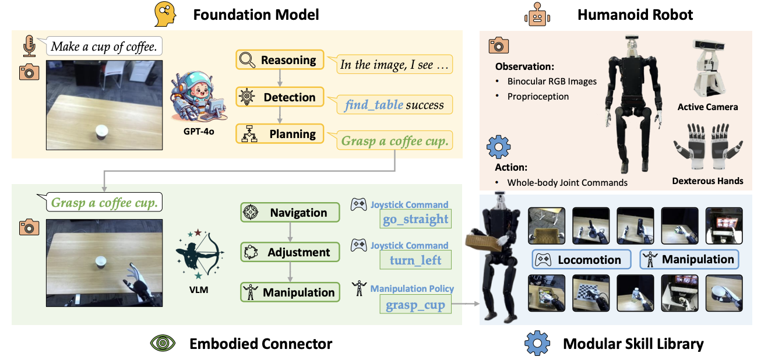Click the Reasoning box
click(x=279, y=61)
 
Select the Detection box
click(x=279, y=97)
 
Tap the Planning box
click(x=279, y=134)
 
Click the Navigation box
click(x=290, y=213)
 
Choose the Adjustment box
click(x=290, y=253)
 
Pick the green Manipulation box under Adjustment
click(x=290, y=292)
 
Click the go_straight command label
click(x=415, y=219)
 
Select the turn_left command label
click(x=415, y=260)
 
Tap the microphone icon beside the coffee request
click(x=29, y=45)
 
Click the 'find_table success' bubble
click(x=394, y=105)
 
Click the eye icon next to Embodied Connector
click(x=163, y=343)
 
